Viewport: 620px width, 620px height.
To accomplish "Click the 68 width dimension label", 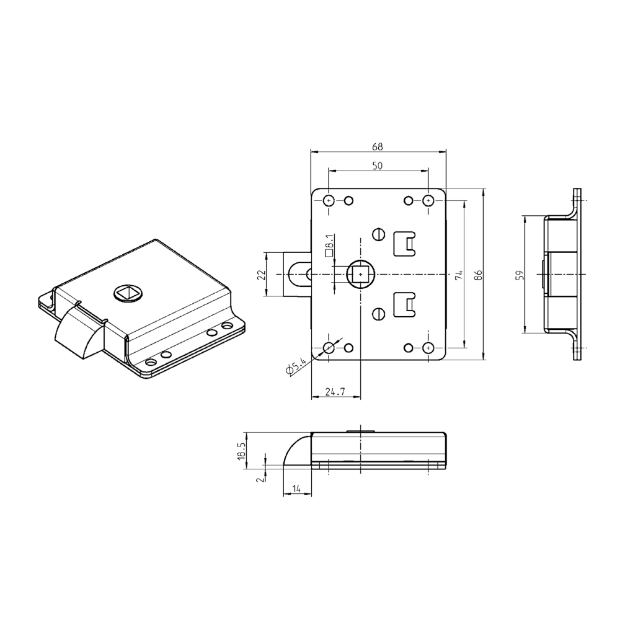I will point(377,147).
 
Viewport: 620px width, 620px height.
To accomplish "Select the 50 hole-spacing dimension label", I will point(377,166).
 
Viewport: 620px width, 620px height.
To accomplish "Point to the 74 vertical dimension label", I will point(459,275).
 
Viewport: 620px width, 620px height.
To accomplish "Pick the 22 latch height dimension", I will point(261,274).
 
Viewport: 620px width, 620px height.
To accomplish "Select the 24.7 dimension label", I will point(335,392).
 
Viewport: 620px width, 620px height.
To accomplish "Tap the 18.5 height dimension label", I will point(241,450).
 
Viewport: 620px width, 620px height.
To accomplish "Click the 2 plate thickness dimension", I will point(260,477).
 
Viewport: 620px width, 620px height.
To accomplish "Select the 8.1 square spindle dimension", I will point(329,246).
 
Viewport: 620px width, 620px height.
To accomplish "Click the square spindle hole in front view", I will point(360,274).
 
